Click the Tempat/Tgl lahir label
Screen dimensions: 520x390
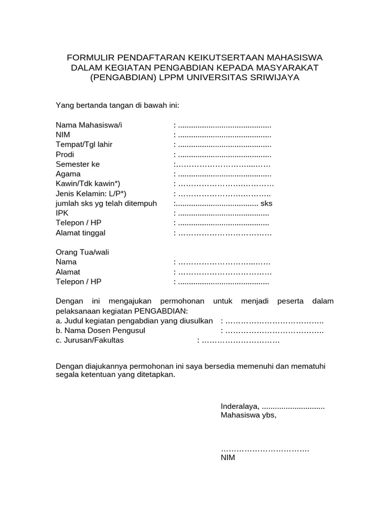coord(84,145)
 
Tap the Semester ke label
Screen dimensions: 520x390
coord(78,164)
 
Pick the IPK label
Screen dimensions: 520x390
coord(61,213)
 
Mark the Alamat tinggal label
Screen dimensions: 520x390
coord(81,233)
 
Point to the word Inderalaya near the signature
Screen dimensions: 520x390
coord(240,406)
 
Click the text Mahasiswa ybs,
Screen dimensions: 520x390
coord(248,415)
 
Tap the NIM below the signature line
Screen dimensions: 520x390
coord(228,458)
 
